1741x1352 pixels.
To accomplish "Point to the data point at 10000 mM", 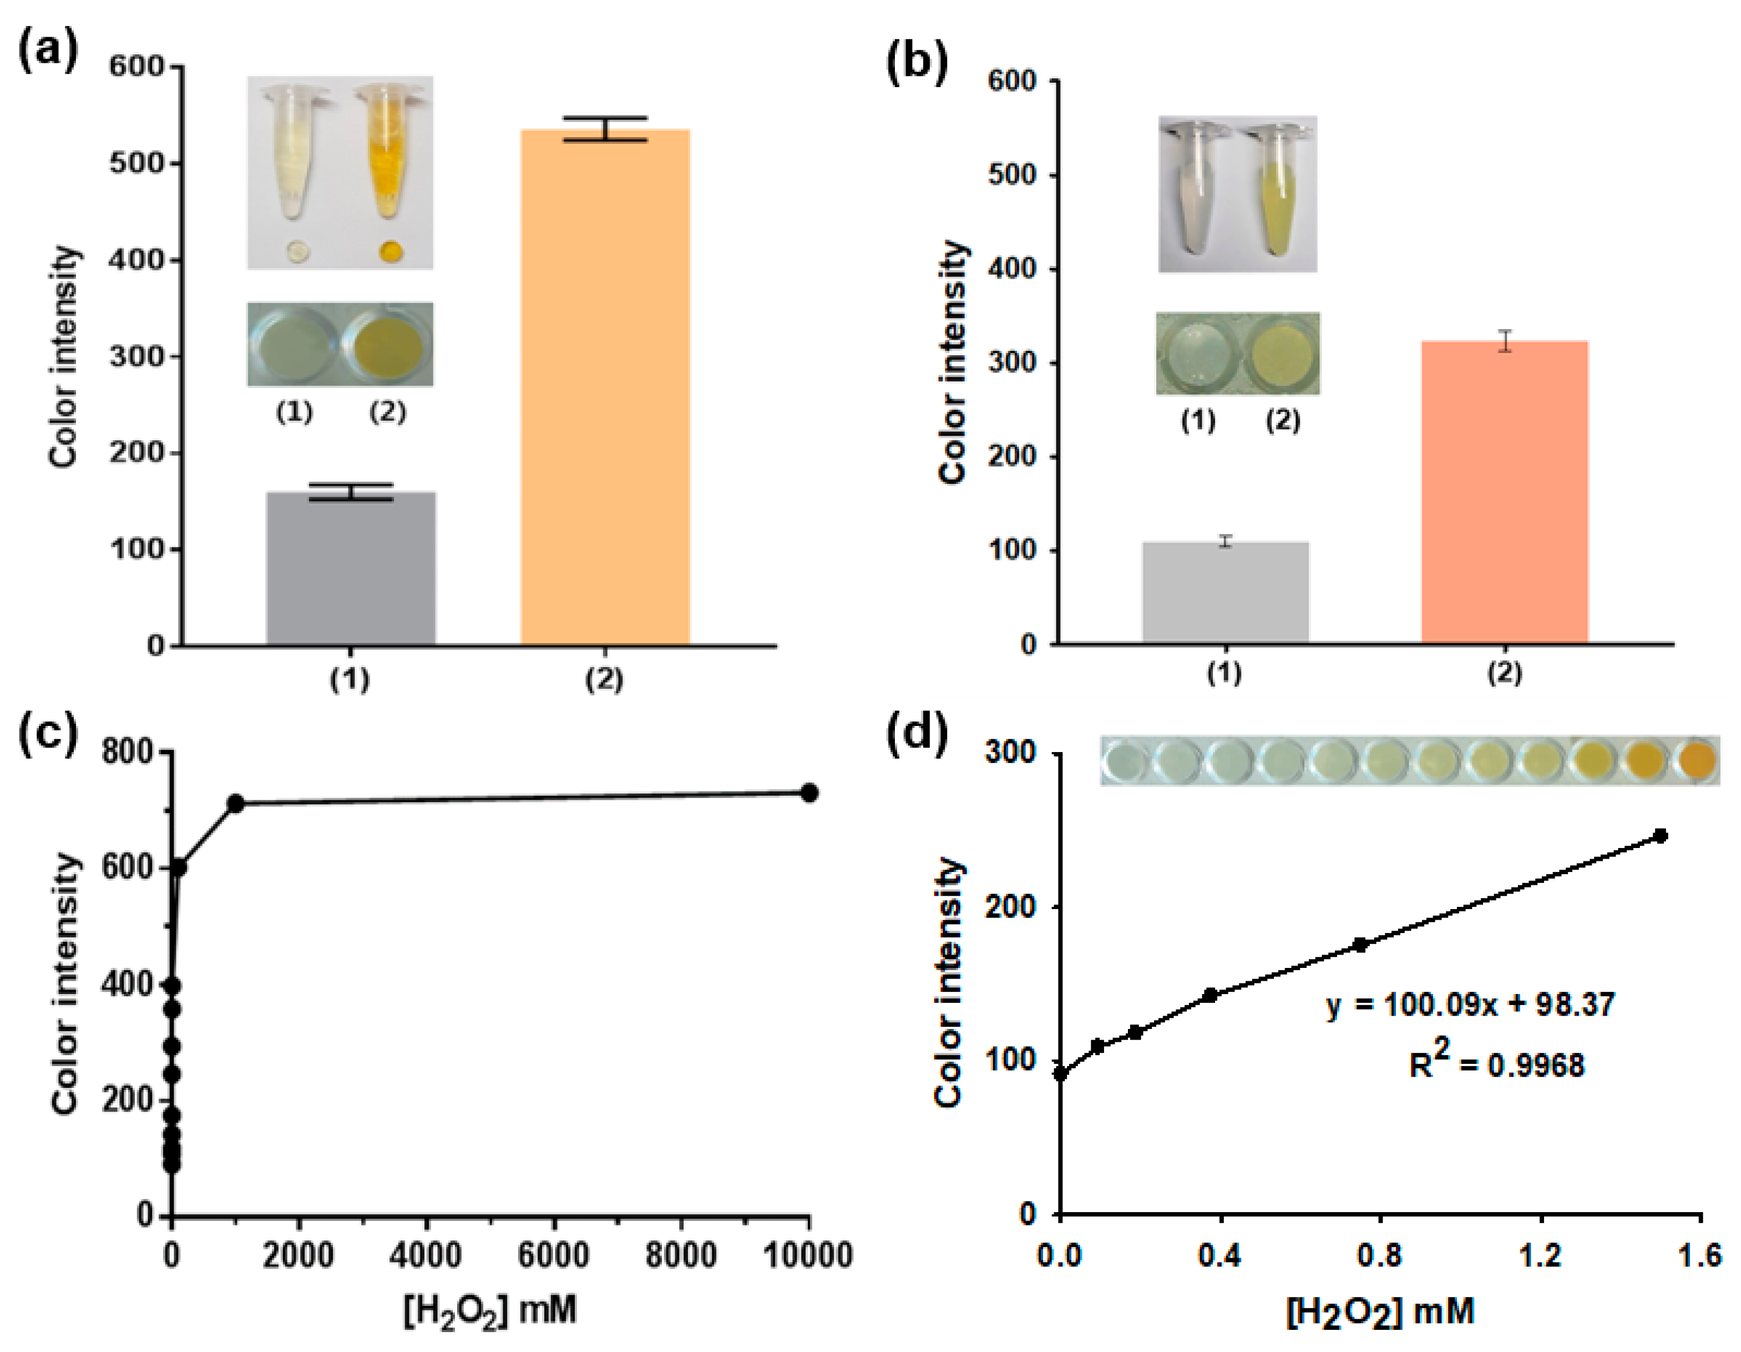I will [x=809, y=793].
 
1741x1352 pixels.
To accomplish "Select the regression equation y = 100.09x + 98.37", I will [x=1471, y=1004].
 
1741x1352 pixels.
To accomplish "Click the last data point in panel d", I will [x=1661, y=836].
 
